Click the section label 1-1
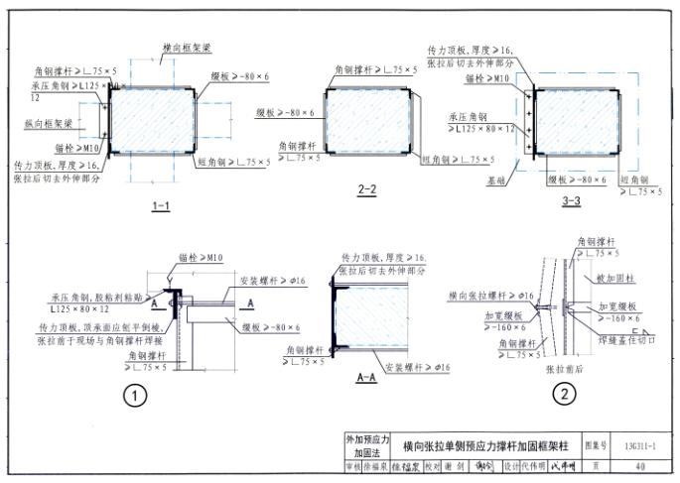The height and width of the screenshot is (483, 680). [x=161, y=205]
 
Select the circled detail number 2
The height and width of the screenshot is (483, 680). [x=563, y=395]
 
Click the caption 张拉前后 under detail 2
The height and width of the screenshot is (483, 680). [x=564, y=367]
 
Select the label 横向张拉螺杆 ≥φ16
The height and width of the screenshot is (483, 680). [x=491, y=295]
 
